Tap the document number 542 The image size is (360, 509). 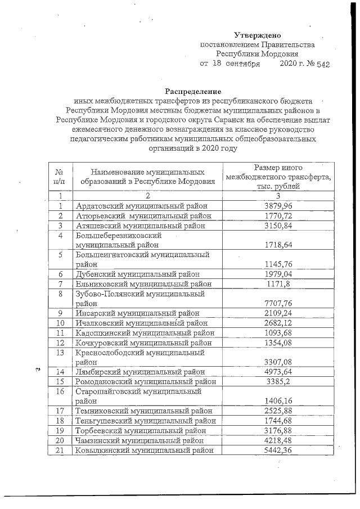pyautogui.click(x=322, y=64)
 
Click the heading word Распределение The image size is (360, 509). pyautogui.click(x=193, y=91)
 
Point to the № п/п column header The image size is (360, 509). pyautogui.click(x=59, y=176)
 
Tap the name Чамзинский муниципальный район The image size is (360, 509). pyautogui.click(x=139, y=440)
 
